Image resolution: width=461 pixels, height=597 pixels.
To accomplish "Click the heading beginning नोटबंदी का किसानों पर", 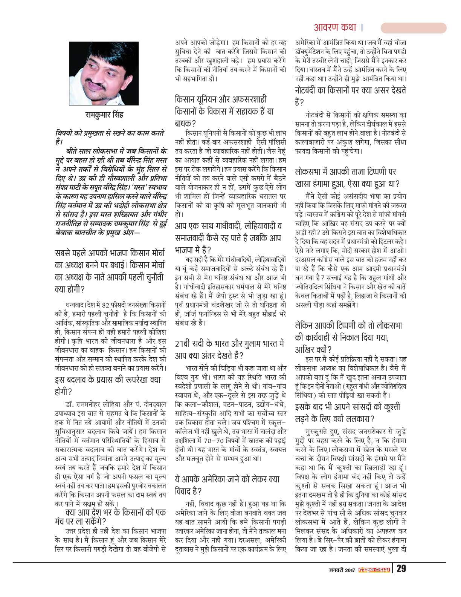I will (350, 96).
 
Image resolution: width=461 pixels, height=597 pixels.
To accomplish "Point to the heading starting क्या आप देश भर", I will (110, 516).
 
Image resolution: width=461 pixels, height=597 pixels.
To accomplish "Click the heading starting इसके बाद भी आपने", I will (347, 413).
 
